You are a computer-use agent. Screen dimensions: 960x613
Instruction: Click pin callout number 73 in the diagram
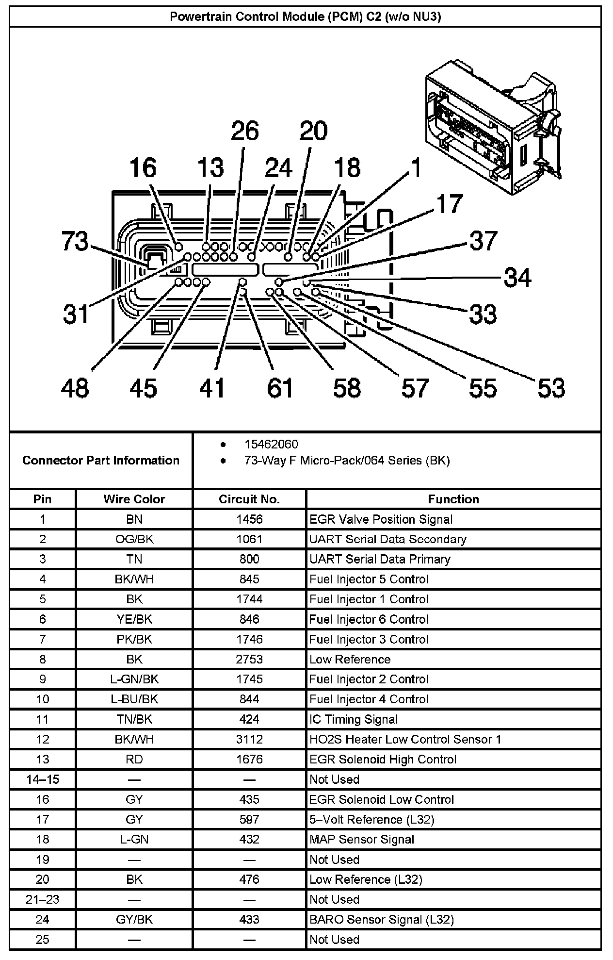click(x=75, y=241)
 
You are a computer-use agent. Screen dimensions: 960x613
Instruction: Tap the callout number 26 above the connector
click(x=244, y=131)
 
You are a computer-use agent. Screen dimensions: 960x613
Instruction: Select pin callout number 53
click(x=551, y=388)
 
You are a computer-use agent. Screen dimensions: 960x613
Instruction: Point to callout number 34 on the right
click(x=517, y=278)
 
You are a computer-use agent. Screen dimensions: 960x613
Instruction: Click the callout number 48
click(x=75, y=388)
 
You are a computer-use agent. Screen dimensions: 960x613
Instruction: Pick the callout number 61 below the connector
click(x=280, y=388)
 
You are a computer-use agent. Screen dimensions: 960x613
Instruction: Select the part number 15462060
click(x=271, y=444)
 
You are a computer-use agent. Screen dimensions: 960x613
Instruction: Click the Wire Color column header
click(x=134, y=499)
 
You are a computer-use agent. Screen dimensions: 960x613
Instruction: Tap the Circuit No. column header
click(x=249, y=499)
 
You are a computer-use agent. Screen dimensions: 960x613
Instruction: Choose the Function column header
click(x=453, y=499)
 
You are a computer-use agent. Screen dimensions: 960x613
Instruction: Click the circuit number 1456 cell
click(x=249, y=519)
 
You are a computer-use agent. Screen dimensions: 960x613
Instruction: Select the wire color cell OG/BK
click(x=134, y=539)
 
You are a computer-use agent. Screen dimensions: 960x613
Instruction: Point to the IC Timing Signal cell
click(x=354, y=719)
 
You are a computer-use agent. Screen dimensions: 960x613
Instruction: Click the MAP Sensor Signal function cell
click(x=362, y=839)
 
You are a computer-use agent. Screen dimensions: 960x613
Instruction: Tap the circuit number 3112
click(x=249, y=739)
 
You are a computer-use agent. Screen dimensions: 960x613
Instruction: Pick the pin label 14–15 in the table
click(x=43, y=779)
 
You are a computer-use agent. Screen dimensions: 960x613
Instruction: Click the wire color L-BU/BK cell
click(x=134, y=699)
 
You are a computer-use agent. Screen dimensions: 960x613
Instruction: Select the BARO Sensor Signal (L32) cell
click(x=382, y=919)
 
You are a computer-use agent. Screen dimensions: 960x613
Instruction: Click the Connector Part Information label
click(x=101, y=460)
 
